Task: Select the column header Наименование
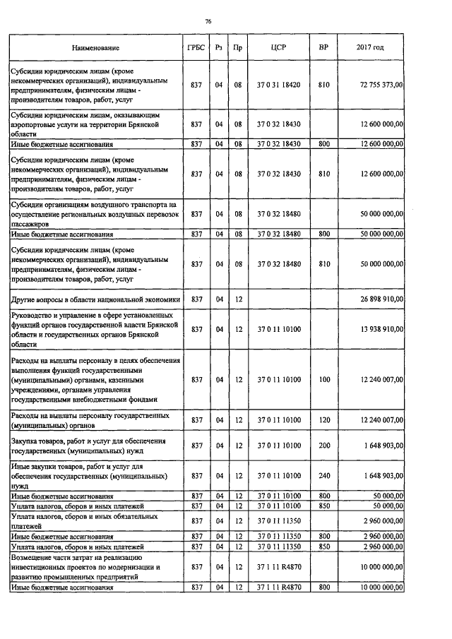pos(95,48)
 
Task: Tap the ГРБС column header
pos(196,48)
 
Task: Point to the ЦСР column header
pos(278,48)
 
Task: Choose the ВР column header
pos(323,48)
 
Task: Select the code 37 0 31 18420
pos(278,85)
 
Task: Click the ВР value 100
pos(324,379)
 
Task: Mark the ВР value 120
pos(324,420)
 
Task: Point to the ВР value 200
pos(324,446)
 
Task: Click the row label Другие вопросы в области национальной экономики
pos(95,300)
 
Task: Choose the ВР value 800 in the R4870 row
pos(324,587)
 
